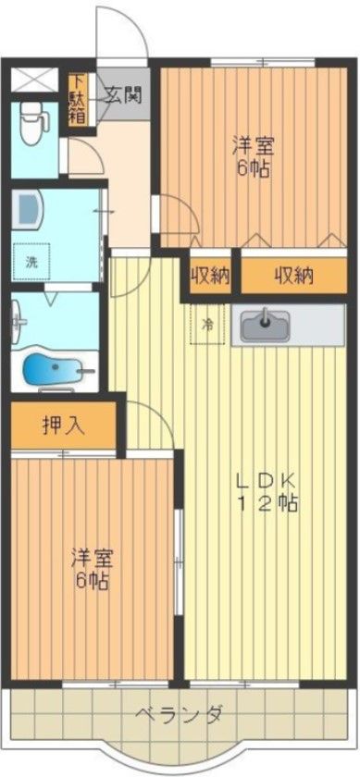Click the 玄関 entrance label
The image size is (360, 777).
[122, 94]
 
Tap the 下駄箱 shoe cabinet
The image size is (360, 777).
[76, 100]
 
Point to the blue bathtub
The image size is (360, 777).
[53, 371]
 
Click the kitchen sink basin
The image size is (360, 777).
[265, 325]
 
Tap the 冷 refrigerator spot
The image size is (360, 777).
[208, 325]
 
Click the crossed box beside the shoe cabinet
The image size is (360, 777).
[31, 78]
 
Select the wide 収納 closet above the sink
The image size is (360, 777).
[293, 275]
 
